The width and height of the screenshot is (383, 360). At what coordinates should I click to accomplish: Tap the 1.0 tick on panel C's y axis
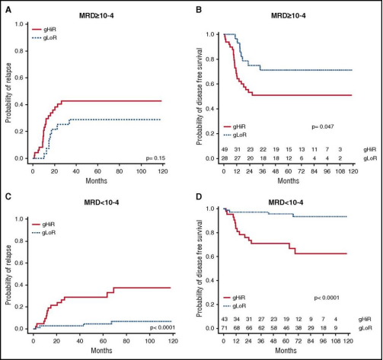point(21,199)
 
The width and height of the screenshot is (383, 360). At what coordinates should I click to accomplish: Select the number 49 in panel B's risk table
point(225,148)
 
